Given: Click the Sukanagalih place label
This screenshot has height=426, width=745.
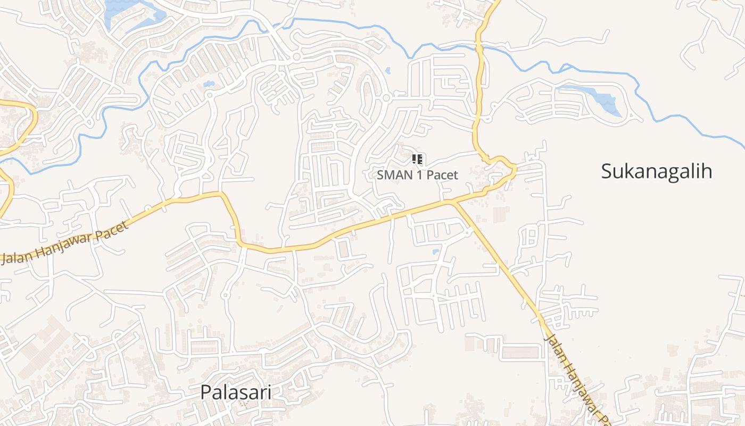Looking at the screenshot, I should pos(656,171).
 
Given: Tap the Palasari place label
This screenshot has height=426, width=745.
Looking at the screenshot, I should pos(236,392).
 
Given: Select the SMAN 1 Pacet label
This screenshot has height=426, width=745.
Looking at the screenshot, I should pos(417,175).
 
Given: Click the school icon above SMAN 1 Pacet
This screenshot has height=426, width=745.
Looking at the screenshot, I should pos(417,159).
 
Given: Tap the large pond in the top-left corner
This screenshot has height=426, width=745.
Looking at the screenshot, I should pos(128,13).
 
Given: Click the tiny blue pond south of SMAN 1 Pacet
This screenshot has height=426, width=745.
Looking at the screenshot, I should pos(436,251).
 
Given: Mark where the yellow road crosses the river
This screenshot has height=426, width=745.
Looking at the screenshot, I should pos(479,47).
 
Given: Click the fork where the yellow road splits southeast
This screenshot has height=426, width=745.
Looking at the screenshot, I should pos(453,202).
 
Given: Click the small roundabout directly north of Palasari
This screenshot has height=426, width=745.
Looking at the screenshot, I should pos(225,294).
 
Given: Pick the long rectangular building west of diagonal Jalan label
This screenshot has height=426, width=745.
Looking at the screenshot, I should pos(521,353).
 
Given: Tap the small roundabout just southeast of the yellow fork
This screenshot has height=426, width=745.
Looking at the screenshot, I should pos(467,232).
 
